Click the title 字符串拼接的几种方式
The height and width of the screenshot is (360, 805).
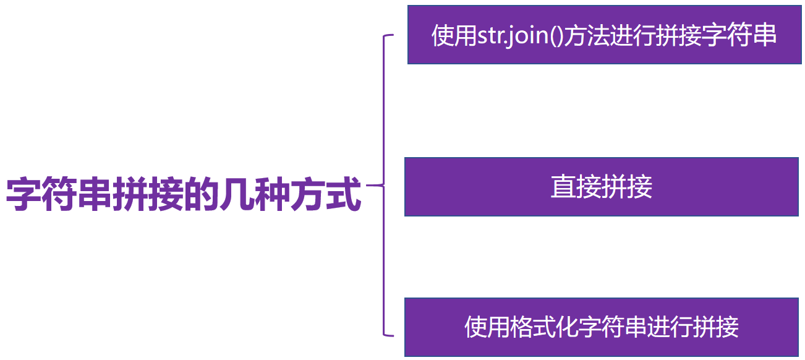(184, 194)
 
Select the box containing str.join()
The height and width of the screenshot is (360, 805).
(603, 35)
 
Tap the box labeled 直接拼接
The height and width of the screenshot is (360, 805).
(601, 187)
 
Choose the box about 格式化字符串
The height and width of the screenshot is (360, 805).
(601, 327)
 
